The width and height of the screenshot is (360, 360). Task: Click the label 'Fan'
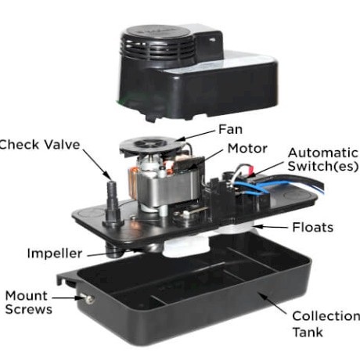tap(230, 129)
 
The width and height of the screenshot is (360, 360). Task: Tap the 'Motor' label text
tap(247, 149)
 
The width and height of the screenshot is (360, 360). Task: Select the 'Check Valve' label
tap(39, 145)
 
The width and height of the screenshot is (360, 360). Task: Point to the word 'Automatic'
tap(323, 153)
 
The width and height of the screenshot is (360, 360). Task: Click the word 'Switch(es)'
tap(323, 166)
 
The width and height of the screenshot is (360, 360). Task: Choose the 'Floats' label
tap(313, 227)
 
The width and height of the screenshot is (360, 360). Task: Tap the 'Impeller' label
tap(55, 254)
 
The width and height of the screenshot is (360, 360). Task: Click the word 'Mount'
tap(27, 296)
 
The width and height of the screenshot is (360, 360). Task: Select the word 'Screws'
tap(29, 309)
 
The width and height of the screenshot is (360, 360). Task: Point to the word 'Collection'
tap(326, 316)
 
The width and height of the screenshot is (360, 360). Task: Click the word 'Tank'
tap(308, 332)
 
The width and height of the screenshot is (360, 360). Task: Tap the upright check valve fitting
tap(113, 203)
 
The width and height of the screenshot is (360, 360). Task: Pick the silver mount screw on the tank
tap(88, 299)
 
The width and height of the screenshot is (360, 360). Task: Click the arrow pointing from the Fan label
tap(197, 135)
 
